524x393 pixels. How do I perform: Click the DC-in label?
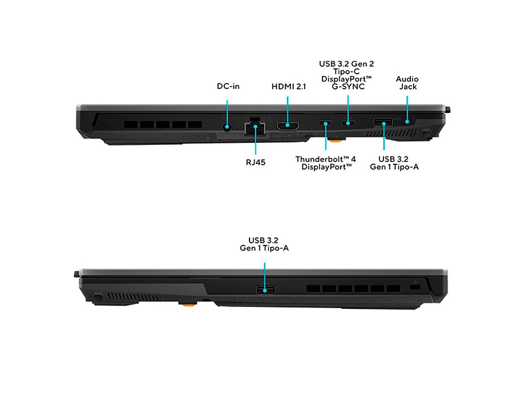228,86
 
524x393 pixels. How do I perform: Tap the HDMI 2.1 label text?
288,87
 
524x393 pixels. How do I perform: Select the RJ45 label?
256,163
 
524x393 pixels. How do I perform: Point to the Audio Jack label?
407,83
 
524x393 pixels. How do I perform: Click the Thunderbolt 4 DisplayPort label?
326,163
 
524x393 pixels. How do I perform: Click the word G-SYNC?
348,87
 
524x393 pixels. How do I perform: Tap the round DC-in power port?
228,127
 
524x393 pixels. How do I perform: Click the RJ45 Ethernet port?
255,127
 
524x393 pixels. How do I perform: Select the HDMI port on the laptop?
288,125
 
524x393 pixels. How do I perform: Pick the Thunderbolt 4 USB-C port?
325,123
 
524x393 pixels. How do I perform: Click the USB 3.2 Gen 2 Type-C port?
348,123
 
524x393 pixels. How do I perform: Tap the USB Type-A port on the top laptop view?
383,122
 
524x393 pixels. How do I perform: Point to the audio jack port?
407,121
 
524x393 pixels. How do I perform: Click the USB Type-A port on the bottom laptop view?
265,290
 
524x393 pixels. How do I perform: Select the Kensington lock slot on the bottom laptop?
415,288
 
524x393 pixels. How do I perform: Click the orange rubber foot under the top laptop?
336,141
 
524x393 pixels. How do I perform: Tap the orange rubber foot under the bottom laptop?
188,304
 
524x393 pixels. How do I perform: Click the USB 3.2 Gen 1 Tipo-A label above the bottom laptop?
264,244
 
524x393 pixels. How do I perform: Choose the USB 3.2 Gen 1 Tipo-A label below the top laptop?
394,163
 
